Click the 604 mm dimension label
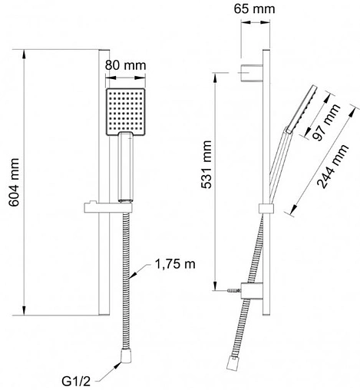pyautogui.click(x=14, y=182)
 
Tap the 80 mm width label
pyautogui.click(x=125, y=65)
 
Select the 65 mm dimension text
pyautogui.click(x=254, y=8)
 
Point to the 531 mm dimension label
pyautogui.click(x=206, y=164)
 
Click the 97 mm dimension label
pyautogui.click(x=326, y=123)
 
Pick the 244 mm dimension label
pyautogui.click(x=332, y=167)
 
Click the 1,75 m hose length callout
pyautogui.click(x=175, y=264)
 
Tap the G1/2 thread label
pyautogui.click(x=76, y=382)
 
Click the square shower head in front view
pyautogui.click(x=126, y=112)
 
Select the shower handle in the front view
pyautogui.click(x=126, y=167)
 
